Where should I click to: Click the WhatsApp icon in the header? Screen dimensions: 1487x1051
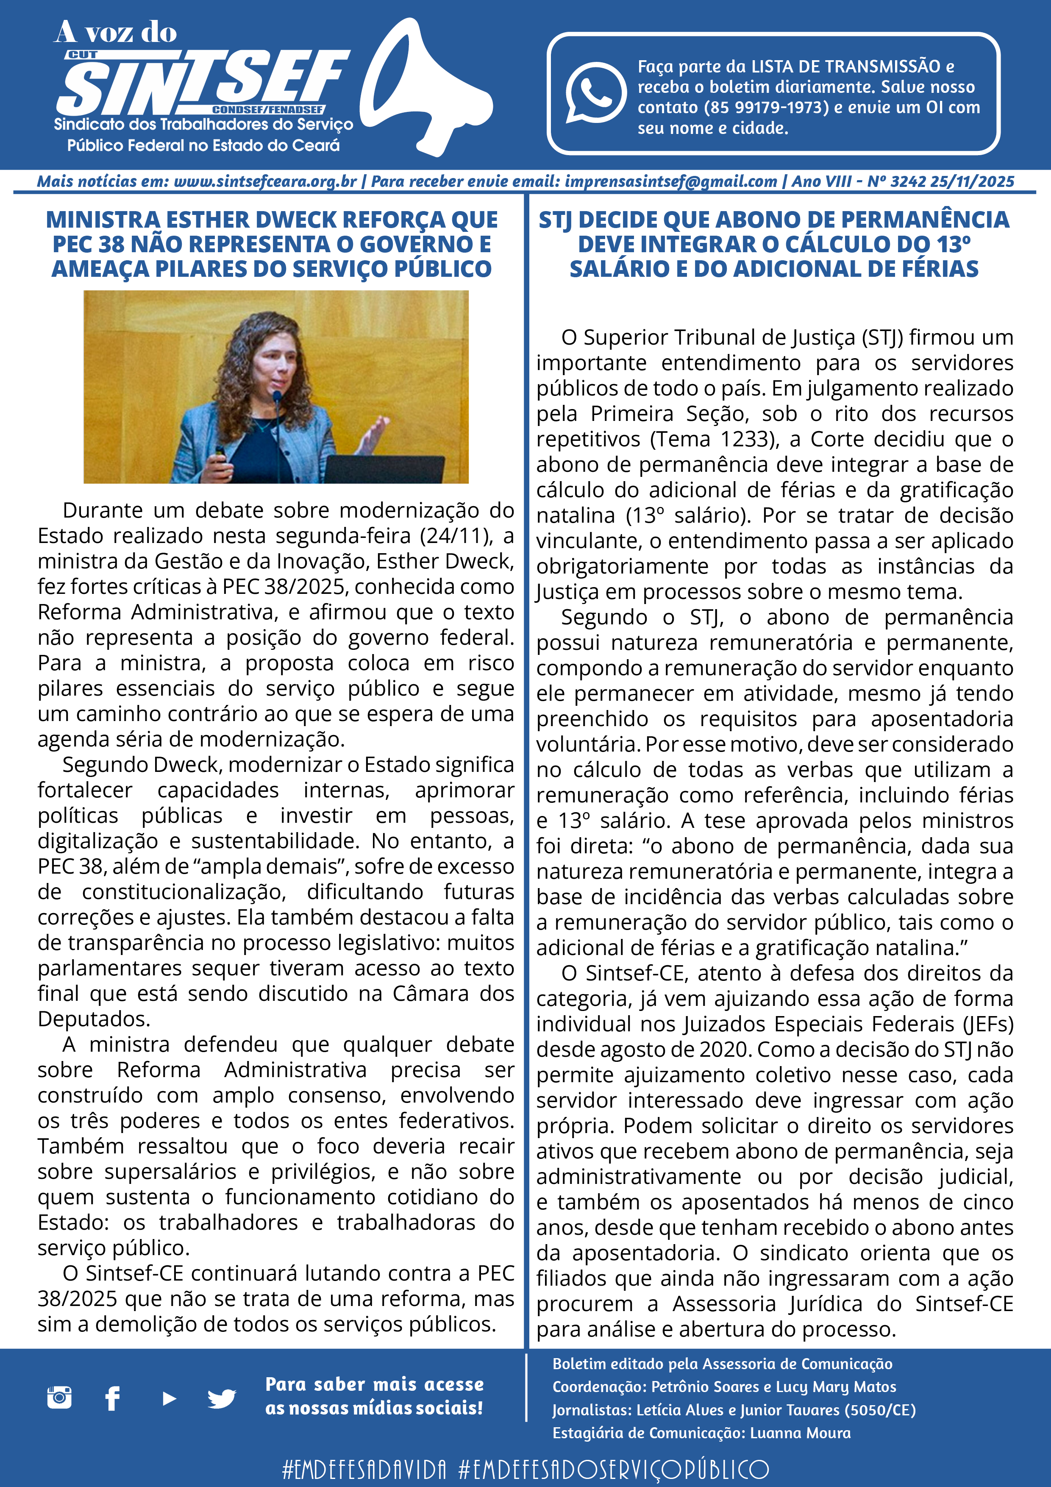[596, 92]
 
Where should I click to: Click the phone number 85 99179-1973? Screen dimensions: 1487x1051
[765, 108]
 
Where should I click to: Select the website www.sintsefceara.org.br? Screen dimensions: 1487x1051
[265, 181]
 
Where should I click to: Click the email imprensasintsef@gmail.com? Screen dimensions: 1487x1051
[670, 181]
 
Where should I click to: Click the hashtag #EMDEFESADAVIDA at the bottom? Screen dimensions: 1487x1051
[364, 1468]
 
